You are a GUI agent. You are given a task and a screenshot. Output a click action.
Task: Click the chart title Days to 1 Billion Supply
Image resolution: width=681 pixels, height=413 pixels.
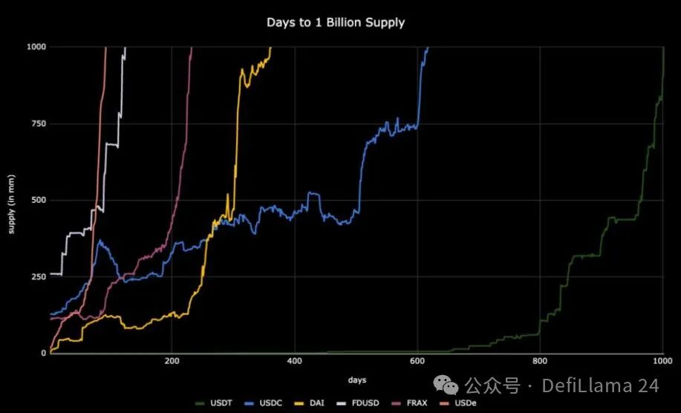coord(336,22)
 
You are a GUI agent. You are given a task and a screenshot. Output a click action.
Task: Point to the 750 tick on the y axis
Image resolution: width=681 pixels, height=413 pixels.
coord(38,123)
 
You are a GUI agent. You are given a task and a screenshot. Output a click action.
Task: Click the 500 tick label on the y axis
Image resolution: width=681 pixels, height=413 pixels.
coord(38,200)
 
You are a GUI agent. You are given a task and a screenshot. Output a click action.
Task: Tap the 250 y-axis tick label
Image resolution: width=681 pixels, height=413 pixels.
coord(38,276)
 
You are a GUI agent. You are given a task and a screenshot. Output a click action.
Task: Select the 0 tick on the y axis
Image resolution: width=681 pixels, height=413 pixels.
coord(43,353)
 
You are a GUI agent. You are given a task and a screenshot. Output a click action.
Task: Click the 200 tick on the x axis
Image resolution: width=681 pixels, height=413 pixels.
coord(172,361)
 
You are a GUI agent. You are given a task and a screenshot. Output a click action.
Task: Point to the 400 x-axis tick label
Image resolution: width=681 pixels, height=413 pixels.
coord(295,361)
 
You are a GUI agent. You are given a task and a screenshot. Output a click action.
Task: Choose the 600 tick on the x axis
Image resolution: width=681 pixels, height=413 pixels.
coord(417,361)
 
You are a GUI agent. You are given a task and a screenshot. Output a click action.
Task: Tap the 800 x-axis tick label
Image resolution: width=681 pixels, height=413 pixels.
coord(540,361)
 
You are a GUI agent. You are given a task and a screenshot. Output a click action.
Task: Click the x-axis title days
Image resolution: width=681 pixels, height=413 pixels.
coord(356,380)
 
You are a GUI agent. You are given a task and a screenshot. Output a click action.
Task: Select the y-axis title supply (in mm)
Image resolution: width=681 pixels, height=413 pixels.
coord(11,201)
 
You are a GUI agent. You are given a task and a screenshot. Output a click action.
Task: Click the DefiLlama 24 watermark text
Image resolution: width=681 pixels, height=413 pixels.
coord(600,386)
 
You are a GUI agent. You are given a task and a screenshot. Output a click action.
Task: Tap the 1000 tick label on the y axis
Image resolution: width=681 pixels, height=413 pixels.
coord(36,47)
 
